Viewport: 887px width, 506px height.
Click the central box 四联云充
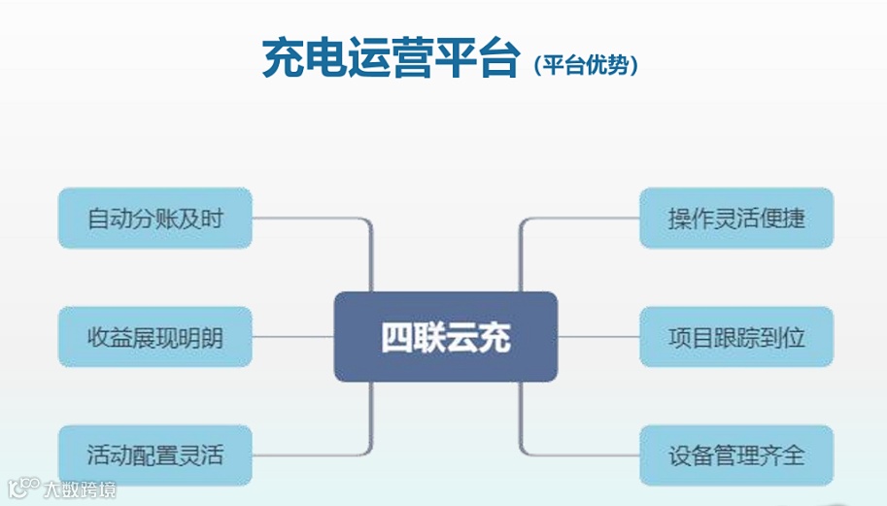445,336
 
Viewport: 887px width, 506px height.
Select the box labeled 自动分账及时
155,218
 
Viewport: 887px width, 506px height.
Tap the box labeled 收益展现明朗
155,337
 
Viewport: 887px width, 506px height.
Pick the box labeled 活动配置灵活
155,455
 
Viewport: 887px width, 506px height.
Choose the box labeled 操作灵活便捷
736,218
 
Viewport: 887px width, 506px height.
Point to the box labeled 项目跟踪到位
736,337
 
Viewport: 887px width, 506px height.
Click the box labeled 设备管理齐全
736,455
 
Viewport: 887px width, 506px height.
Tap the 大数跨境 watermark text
80,490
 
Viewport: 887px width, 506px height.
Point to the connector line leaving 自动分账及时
311,219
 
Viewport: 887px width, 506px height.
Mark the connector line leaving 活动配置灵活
311,455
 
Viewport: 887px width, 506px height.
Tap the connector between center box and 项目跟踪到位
598,337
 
